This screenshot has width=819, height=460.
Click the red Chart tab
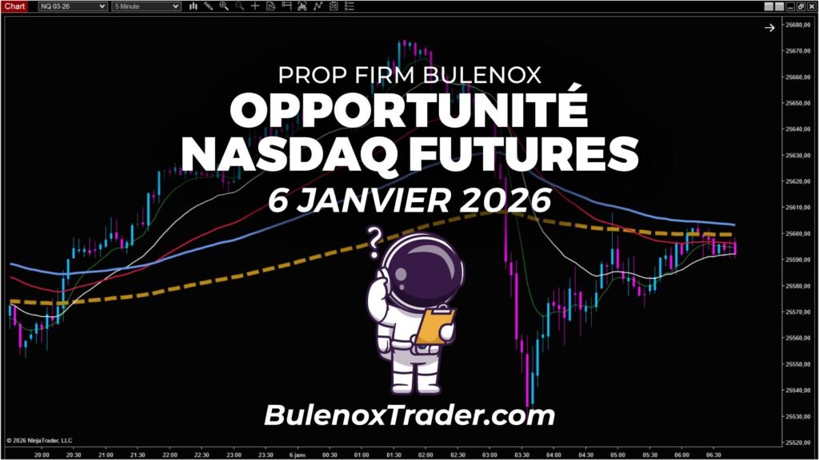pyautogui.click(x=15, y=6)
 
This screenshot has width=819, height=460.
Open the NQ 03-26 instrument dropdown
pyautogui.click(x=73, y=6)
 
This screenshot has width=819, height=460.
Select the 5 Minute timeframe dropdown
pyautogui.click(x=146, y=6)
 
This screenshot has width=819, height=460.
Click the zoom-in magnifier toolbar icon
pyautogui.click(x=224, y=6)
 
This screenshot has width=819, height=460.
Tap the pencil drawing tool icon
pyautogui.click(x=210, y=6)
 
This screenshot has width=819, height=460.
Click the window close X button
pyautogui.click(x=811, y=6)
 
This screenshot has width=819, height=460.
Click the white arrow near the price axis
pyautogui.click(x=769, y=28)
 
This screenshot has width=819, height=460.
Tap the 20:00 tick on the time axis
pyautogui.click(x=42, y=453)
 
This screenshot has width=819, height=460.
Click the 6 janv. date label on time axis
pyautogui.click(x=296, y=453)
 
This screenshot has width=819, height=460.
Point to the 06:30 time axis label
pyautogui.click(x=712, y=453)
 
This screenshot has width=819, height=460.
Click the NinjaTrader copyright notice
pyautogui.click(x=38, y=440)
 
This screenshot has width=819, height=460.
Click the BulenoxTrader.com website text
pyautogui.click(x=409, y=415)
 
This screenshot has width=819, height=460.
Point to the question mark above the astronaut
pyautogui.click(x=374, y=241)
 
